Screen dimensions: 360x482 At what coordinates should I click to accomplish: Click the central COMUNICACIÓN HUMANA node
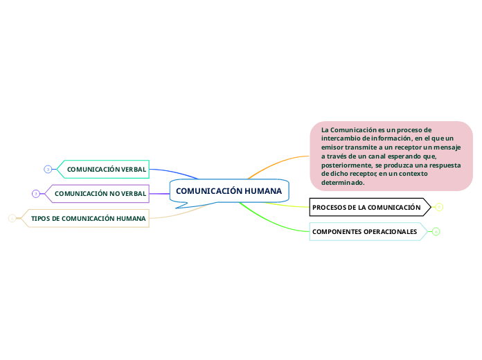click(x=229, y=191)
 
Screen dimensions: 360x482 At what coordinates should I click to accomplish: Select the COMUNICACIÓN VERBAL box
click(x=106, y=169)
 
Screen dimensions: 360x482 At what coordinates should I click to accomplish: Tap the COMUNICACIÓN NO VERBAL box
click(x=100, y=193)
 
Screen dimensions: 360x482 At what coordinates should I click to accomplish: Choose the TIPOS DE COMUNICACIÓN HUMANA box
click(x=89, y=218)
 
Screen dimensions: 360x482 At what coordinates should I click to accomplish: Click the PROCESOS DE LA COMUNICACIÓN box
click(x=367, y=207)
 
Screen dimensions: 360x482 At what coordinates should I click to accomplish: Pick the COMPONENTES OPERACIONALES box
click(x=365, y=231)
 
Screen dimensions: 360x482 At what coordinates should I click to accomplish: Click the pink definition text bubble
click(x=391, y=156)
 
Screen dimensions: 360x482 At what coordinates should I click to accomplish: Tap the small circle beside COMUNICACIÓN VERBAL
click(x=48, y=169)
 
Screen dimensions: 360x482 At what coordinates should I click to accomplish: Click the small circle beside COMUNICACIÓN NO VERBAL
click(x=36, y=193)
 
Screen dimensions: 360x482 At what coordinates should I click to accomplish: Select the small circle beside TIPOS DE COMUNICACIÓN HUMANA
click(x=12, y=218)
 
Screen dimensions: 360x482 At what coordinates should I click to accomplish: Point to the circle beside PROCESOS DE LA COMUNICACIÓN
click(x=439, y=207)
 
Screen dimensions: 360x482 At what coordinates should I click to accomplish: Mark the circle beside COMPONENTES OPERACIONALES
click(x=436, y=231)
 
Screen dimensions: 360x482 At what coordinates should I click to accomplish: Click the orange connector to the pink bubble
click(x=277, y=163)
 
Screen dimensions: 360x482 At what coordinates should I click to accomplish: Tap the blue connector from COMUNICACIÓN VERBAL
click(x=177, y=172)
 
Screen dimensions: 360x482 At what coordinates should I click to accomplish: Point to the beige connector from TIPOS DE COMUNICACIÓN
click(x=180, y=215)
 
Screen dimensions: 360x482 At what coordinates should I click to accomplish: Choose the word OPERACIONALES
click(x=392, y=231)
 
